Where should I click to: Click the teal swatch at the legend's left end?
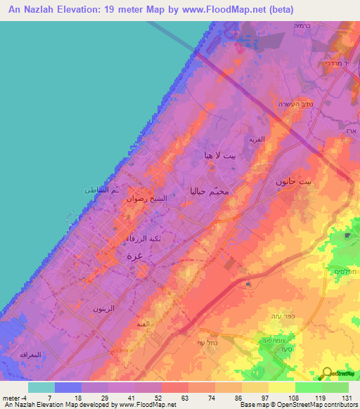(x=41, y=387)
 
